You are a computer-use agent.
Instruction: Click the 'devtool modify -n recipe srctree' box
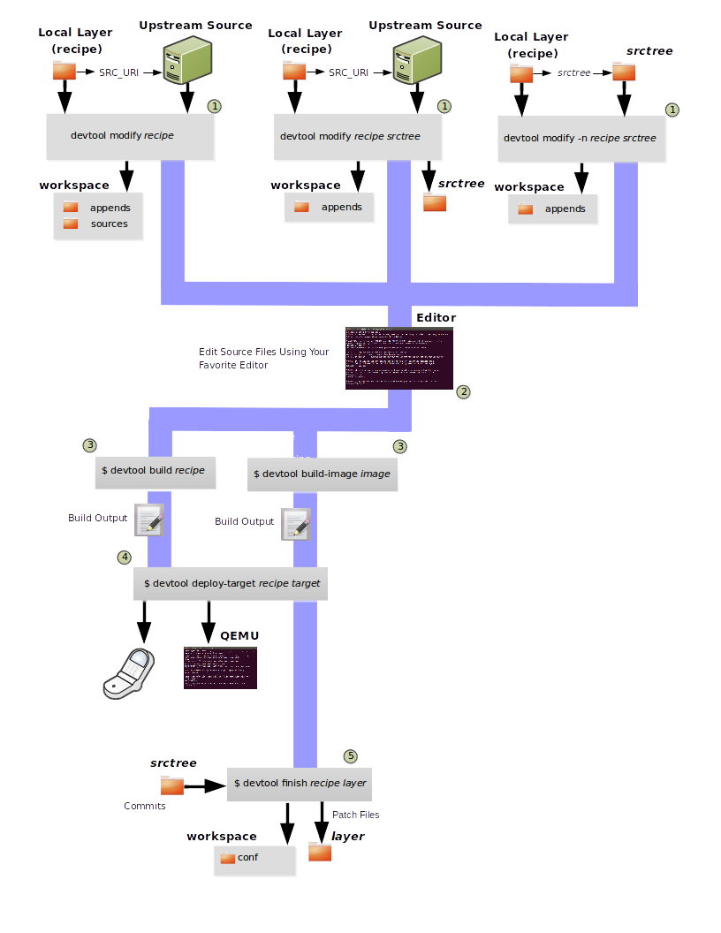tap(580, 139)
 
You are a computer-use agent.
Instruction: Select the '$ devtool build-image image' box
tap(322, 474)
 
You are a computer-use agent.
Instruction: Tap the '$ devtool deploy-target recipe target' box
tap(231, 583)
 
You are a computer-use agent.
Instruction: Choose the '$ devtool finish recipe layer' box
tap(300, 783)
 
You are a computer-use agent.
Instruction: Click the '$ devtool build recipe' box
tap(153, 471)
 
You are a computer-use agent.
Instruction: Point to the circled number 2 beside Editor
tap(463, 391)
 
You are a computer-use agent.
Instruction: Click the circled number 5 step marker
tap(351, 756)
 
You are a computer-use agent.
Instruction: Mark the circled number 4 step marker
tap(125, 557)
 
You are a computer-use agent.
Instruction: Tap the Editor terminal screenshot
tap(399, 358)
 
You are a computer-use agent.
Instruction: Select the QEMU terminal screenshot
tap(220, 667)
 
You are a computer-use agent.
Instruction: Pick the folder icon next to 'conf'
tap(227, 858)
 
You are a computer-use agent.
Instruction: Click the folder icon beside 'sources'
tap(71, 224)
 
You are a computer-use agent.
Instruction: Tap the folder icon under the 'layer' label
tap(319, 852)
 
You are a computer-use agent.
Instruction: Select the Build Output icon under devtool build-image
tap(295, 523)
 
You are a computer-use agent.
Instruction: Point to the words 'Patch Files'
tap(356, 815)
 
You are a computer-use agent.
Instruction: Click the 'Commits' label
tap(145, 806)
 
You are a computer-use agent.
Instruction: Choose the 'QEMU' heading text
tap(239, 635)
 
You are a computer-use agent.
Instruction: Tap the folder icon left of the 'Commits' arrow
tap(171, 785)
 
